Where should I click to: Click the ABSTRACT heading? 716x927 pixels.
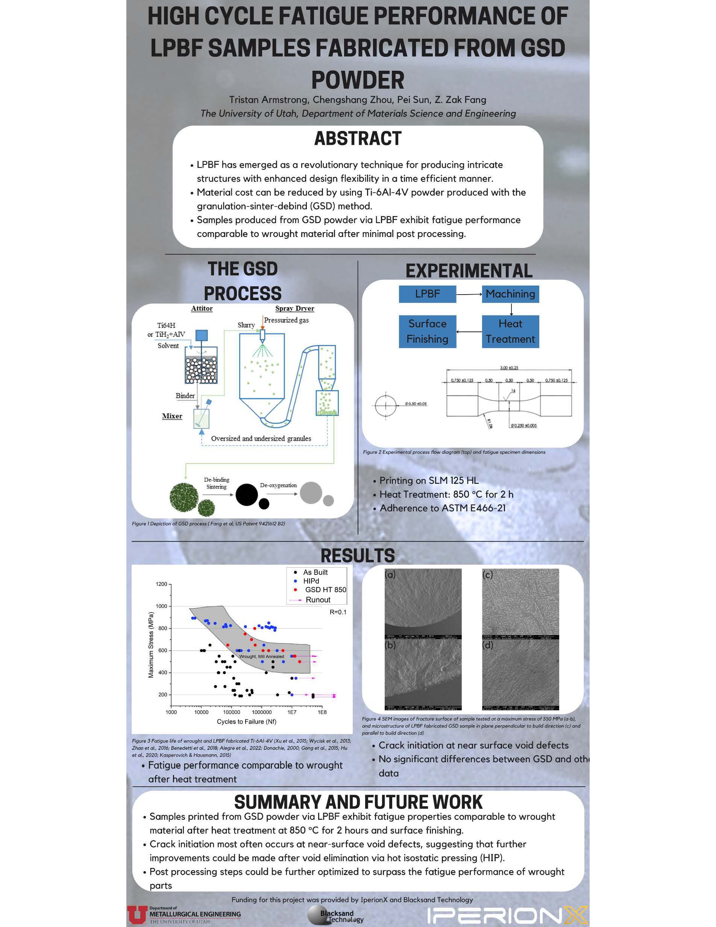point(358,138)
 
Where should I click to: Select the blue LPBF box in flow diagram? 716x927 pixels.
point(427,294)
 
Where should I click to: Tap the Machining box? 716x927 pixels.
point(510,294)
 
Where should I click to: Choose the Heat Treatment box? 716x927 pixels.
point(510,331)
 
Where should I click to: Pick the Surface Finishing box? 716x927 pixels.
point(427,331)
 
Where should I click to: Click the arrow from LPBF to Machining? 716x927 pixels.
point(469,294)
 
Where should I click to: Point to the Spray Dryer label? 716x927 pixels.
point(294,308)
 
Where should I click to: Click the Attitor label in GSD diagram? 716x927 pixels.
point(202,308)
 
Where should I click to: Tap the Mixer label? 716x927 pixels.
point(172,416)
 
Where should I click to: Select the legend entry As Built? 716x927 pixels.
point(315,572)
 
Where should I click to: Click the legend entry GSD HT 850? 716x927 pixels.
point(325,590)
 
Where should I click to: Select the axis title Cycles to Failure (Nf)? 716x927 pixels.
point(246,721)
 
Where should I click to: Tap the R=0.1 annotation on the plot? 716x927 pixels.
point(338,612)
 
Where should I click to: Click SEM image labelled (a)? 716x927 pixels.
point(423,603)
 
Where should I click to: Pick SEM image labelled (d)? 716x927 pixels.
point(520,674)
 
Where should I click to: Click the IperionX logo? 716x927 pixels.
point(507,914)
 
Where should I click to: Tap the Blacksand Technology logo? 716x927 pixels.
point(335,915)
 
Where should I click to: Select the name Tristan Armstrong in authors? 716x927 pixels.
point(268,99)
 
